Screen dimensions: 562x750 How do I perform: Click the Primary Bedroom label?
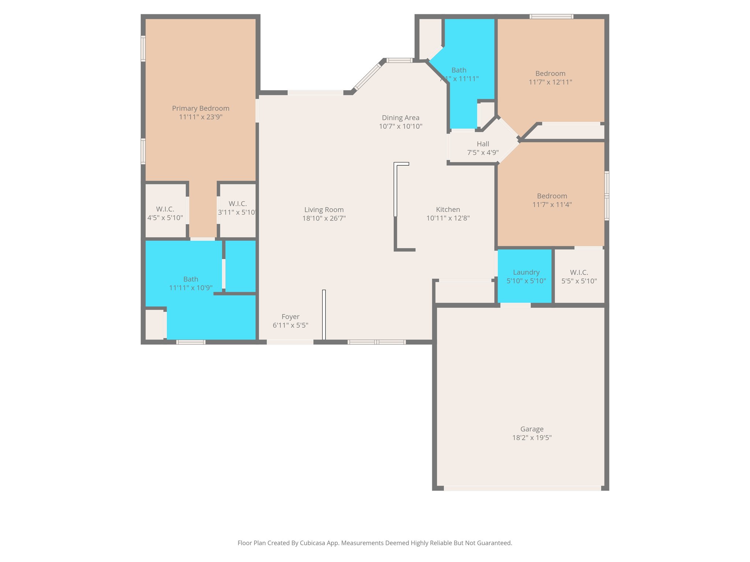point(200,108)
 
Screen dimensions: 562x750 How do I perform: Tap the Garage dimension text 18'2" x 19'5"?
point(532,438)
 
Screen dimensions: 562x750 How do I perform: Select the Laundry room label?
point(526,272)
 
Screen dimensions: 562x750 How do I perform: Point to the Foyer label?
point(290,317)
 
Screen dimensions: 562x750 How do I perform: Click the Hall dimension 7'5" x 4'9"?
point(483,153)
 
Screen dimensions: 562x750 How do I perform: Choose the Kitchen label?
point(448,210)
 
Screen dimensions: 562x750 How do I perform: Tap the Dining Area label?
point(400,118)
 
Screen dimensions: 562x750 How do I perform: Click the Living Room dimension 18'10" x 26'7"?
point(324,218)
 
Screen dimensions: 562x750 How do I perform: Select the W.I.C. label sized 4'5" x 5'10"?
point(165,209)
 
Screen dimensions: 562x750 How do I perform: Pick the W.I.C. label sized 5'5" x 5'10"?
point(579,273)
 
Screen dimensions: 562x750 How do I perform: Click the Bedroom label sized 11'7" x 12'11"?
point(550,74)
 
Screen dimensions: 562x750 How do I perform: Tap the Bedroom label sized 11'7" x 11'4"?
point(552,196)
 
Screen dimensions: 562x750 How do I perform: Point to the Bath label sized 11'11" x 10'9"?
point(190,279)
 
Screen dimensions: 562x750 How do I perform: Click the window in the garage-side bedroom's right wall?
point(606,196)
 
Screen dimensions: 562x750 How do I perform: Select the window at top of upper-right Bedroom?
point(551,16)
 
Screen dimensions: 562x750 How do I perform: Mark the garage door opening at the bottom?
point(522,488)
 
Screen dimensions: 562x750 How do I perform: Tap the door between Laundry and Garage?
point(515,305)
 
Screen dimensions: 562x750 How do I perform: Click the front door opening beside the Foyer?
point(290,342)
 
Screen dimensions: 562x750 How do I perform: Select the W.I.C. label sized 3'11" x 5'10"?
point(237,204)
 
